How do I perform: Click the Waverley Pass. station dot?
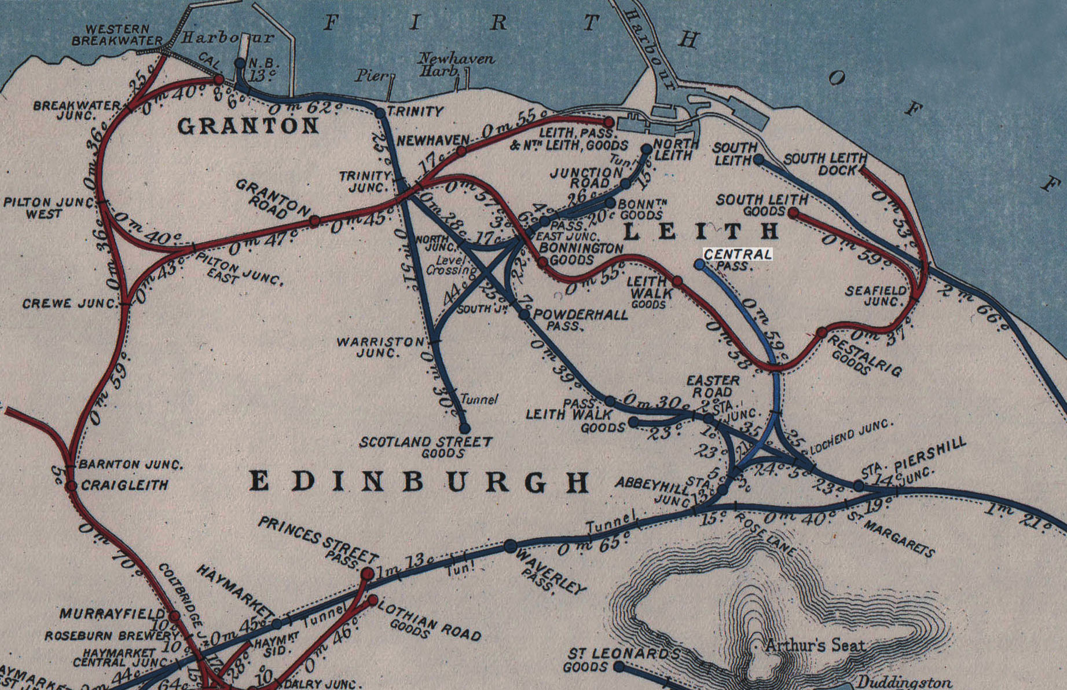pos(510,546)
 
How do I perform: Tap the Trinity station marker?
pos(380,113)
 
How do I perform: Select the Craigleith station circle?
pos(71,485)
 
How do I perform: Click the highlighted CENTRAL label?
pos(738,254)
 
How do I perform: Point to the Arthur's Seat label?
pos(815,645)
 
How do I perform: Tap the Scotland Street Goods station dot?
pos(465,428)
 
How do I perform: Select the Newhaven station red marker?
pos(461,151)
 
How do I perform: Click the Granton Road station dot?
pos(314,221)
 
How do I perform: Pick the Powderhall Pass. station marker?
pos(524,315)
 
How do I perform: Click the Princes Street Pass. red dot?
pos(367,574)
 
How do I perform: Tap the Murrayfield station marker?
pos(174,616)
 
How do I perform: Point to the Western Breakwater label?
pos(117,35)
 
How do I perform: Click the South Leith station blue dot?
pos(759,159)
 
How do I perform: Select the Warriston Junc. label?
pos(380,346)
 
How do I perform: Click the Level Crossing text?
pos(450,265)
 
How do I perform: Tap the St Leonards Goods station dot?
pos(619,666)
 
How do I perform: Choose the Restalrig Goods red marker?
pos(822,333)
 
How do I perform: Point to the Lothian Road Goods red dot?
pos(373,600)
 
